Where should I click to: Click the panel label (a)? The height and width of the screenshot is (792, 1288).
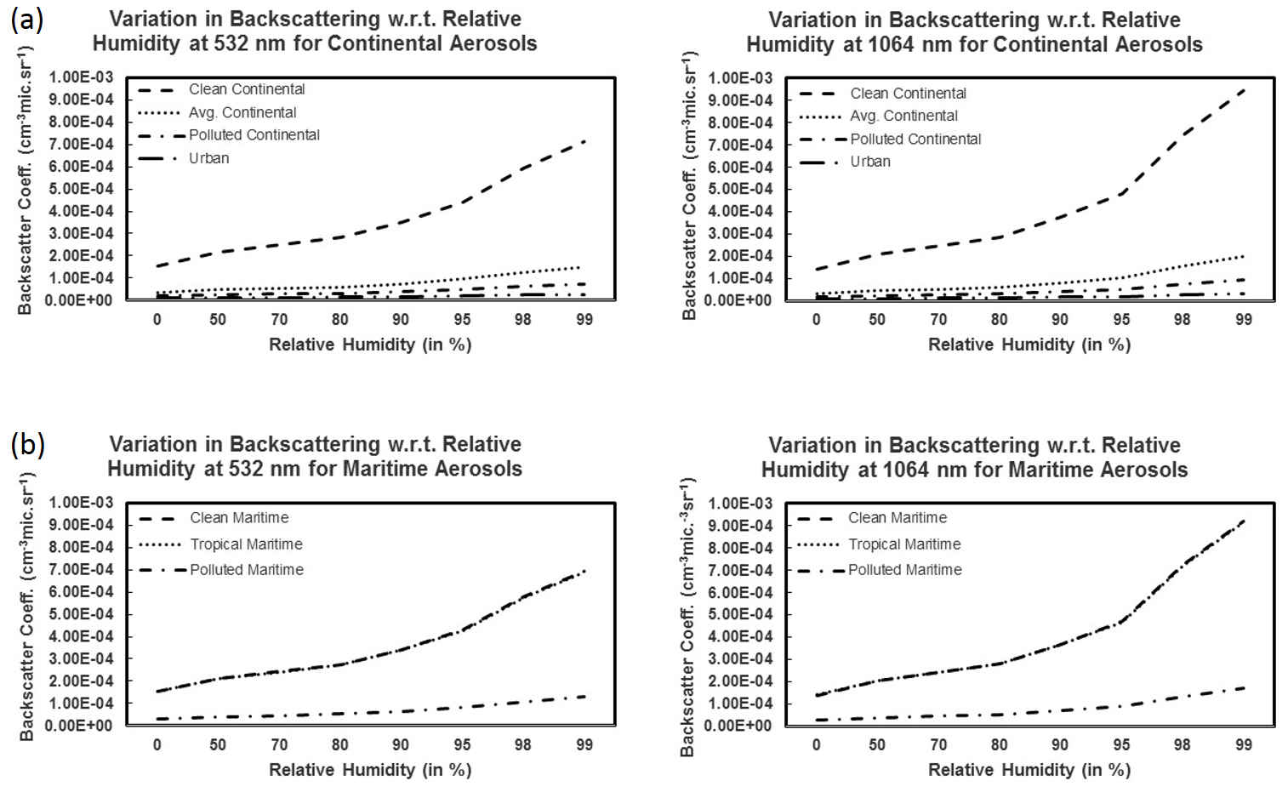26,19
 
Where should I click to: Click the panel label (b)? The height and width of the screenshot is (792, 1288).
26,444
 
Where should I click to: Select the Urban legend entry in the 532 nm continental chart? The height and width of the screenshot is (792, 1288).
208,158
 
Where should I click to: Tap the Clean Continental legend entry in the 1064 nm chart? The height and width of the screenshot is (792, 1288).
908,94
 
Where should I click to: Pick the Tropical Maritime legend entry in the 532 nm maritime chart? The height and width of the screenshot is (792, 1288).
246,544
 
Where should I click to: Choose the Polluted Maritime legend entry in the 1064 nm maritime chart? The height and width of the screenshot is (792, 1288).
904,570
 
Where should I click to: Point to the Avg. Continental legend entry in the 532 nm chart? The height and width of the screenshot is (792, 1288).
242,112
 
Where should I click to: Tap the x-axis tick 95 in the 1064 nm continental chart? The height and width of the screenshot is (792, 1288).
1121,320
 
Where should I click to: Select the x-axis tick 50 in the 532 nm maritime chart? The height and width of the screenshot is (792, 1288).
218,745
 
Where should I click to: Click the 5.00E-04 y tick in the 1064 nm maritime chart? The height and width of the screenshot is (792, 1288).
742,614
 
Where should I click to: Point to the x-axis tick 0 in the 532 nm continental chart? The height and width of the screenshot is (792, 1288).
157,320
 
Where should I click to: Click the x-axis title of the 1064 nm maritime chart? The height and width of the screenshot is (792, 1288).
1029,770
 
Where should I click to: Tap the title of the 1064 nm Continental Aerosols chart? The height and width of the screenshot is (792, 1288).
974,32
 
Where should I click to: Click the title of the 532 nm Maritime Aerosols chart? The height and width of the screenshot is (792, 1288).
315,457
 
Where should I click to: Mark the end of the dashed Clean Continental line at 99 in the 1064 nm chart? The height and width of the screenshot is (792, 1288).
1244,88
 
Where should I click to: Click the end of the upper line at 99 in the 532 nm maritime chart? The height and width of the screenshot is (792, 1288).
584,571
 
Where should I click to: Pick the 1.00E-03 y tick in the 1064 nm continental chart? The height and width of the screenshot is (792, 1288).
742,78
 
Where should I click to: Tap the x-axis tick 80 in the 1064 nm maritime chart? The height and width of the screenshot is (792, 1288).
999,745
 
